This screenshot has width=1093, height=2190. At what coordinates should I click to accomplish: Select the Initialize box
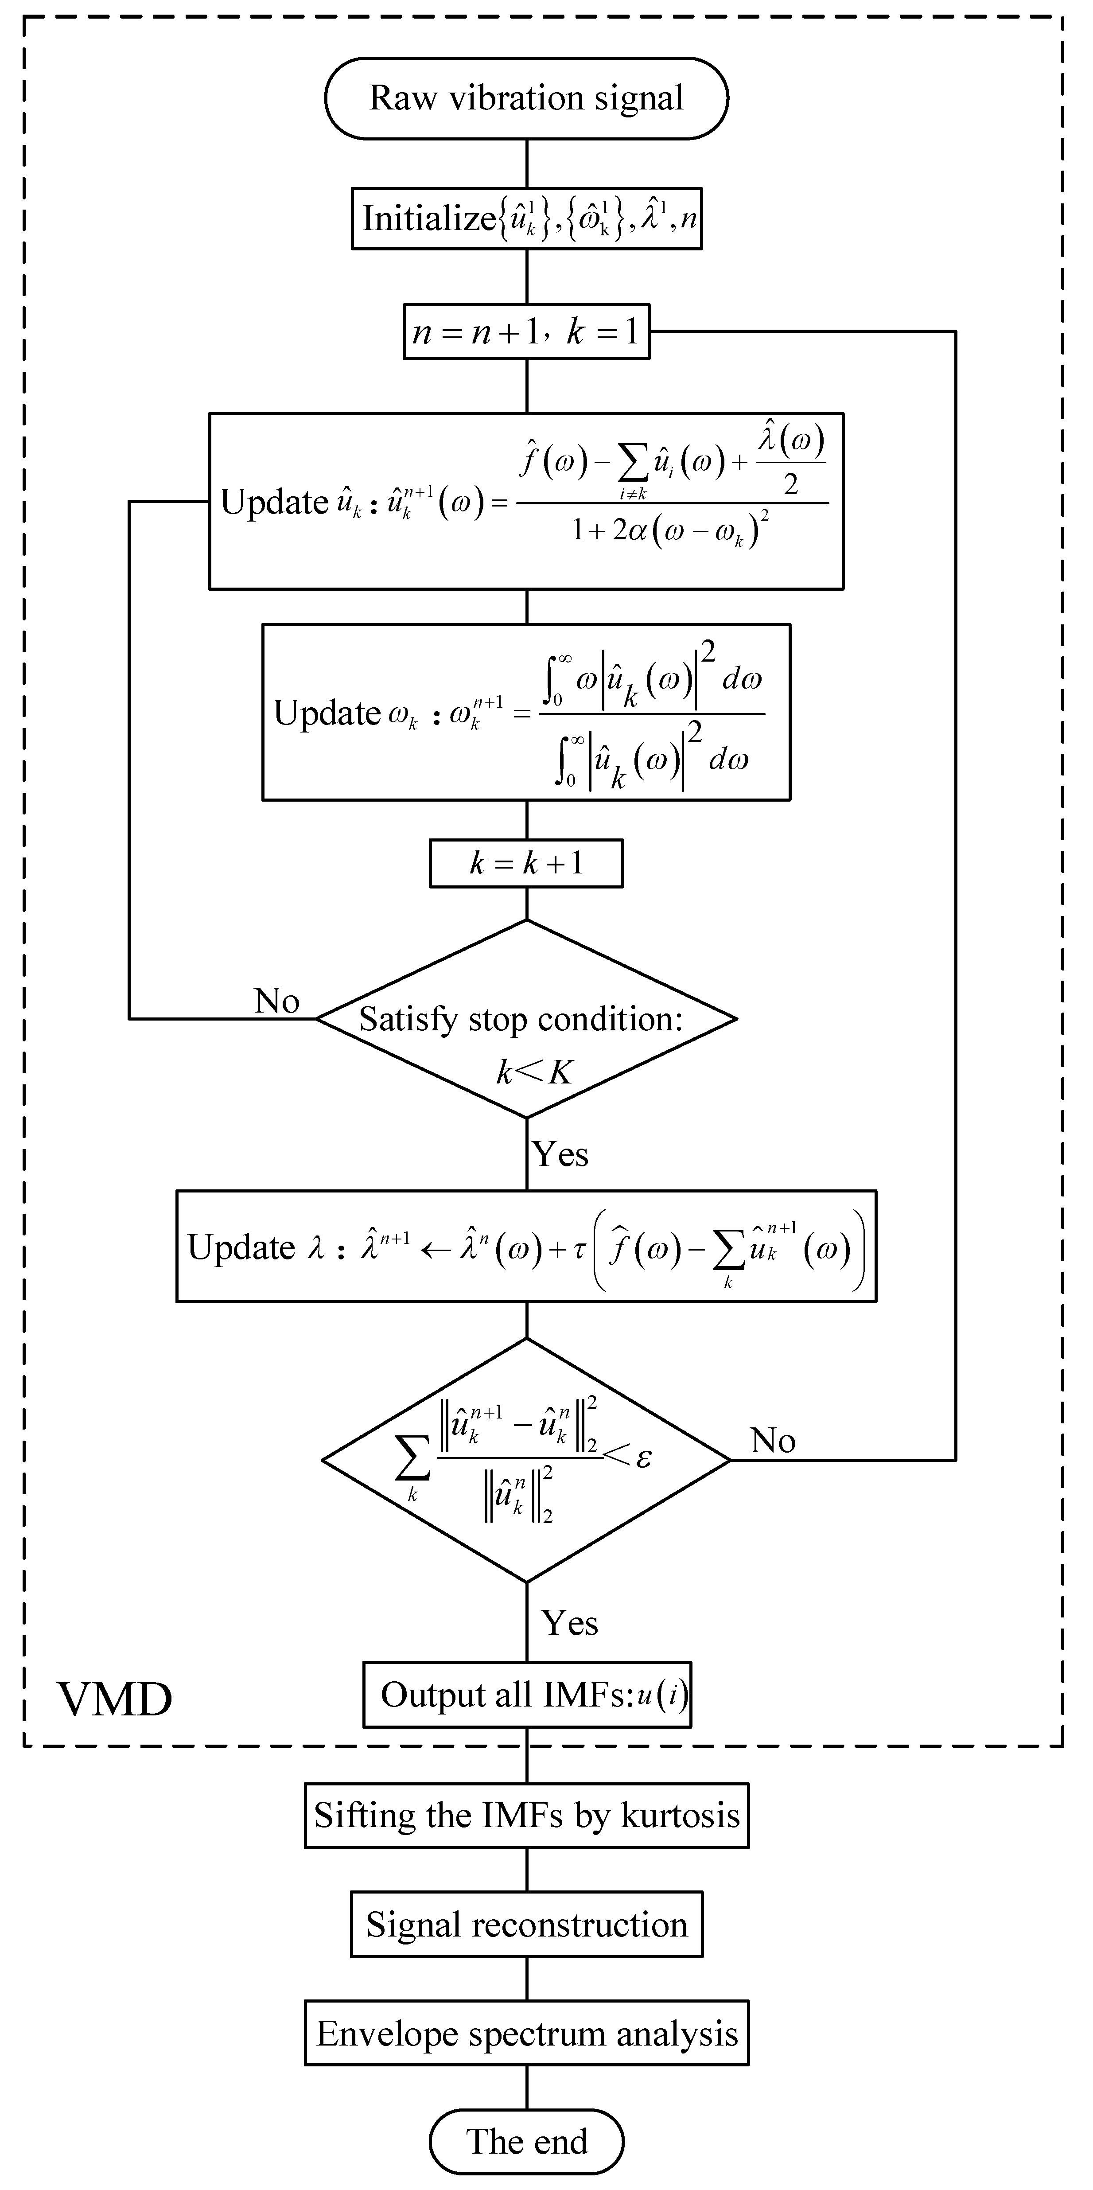coord(526,218)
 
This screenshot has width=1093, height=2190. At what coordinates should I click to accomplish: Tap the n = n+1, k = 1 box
coord(526,331)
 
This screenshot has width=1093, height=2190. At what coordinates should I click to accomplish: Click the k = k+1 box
coord(526,864)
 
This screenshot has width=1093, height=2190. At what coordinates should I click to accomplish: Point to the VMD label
coord(115,1699)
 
